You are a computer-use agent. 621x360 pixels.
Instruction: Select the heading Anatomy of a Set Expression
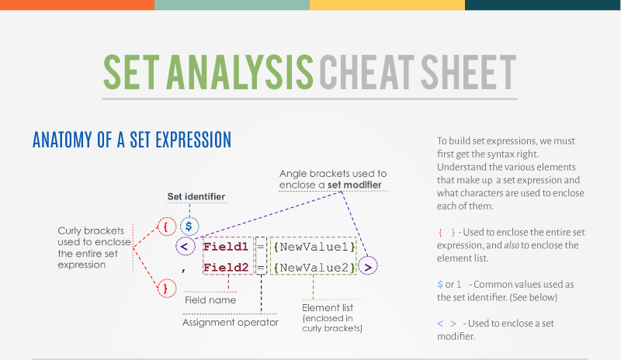[132, 140]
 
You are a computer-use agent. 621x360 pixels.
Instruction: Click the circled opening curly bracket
[165, 227]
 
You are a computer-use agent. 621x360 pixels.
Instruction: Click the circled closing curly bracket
[165, 288]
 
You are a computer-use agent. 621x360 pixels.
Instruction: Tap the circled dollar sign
[189, 227]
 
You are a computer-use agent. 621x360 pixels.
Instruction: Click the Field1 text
[226, 247]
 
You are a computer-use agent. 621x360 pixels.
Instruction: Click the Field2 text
[226, 268]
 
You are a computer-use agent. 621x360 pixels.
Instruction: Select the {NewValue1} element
[314, 247]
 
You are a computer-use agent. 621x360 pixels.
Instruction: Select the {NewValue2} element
[314, 268]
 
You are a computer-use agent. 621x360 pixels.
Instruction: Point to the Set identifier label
[196, 197]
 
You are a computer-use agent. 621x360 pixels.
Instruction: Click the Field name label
[210, 299]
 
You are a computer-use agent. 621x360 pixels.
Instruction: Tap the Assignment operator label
[230, 322]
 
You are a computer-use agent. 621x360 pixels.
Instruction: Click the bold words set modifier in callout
[353, 185]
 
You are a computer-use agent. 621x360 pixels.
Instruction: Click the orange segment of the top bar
[77, 5]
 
